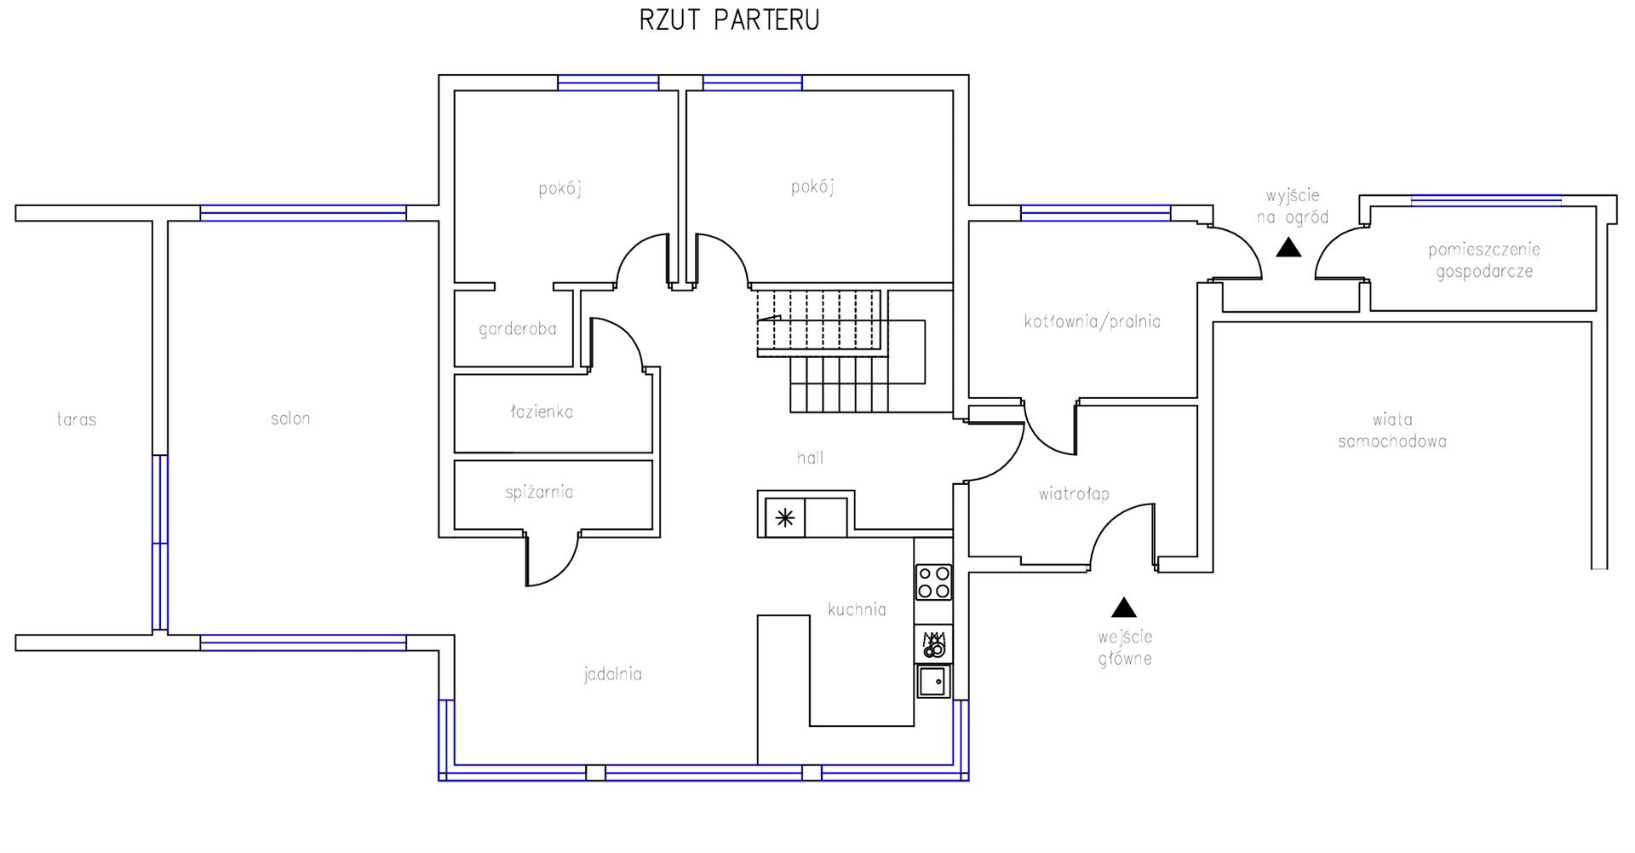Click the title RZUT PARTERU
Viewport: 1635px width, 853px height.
pos(729,20)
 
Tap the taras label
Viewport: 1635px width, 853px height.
pos(77,419)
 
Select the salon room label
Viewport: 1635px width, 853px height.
pos(290,418)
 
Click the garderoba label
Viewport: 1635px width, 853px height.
pos(518,329)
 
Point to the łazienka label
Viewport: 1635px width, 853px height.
pos(542,412)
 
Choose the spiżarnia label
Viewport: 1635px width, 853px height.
pos(539,493)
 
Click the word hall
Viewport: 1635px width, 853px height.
pos(810,458)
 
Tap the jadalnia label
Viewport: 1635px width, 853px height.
pos(613,674)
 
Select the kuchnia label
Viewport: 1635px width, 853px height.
pos(857,609)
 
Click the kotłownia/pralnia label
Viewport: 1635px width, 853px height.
pos(1093,321)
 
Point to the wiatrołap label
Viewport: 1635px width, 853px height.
pos(1074,493)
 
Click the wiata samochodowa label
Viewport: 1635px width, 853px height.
pos(1392,430)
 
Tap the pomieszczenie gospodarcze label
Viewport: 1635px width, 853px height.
pos(1484,261)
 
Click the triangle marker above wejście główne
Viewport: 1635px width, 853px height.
pos(1124,607)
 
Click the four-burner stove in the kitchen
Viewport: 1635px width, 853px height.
pos(933,582)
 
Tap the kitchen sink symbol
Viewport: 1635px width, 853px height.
pos(933,682)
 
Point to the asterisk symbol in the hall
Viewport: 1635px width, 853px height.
pos(785,517)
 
